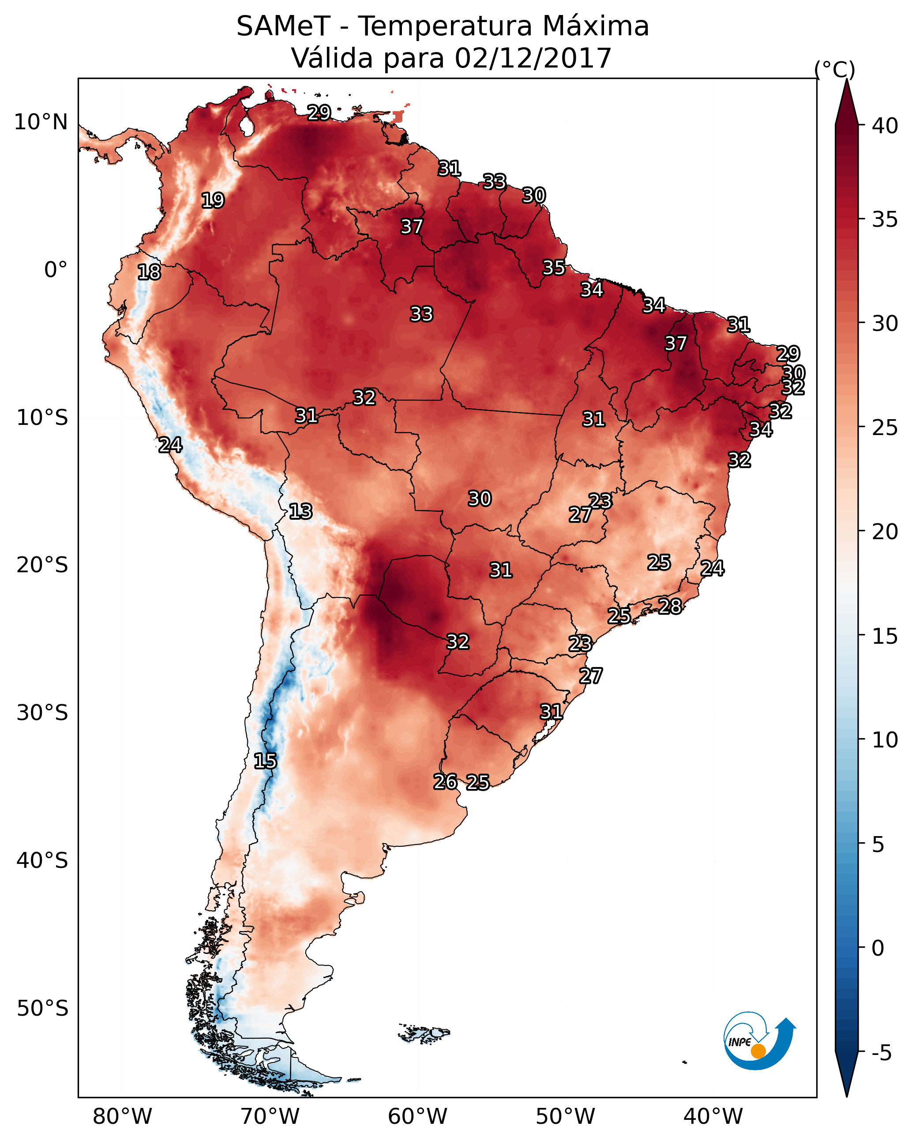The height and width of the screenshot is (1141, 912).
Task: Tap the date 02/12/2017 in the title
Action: click(533, 58)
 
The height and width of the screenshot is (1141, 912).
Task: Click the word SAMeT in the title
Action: click(283, 26)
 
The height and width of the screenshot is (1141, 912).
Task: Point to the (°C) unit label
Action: click(834, 69)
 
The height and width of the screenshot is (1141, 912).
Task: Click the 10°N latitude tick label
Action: click(41, 122)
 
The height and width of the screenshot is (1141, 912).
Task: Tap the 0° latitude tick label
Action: click(56, 270)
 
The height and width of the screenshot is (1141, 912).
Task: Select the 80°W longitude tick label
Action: click(122, 1117)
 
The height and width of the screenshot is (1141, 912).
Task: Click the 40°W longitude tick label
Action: click(713, 1117)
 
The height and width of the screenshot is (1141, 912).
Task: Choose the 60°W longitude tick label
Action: click(418, 1117)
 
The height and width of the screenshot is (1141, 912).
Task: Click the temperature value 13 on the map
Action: click(300, 512)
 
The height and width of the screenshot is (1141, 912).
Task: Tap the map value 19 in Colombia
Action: click(213, 201)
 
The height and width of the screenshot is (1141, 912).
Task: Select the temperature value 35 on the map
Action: click(554, 268)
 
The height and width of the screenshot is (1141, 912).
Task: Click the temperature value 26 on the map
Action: click(445, 782)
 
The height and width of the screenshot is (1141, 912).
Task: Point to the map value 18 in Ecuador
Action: click(149, 272)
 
